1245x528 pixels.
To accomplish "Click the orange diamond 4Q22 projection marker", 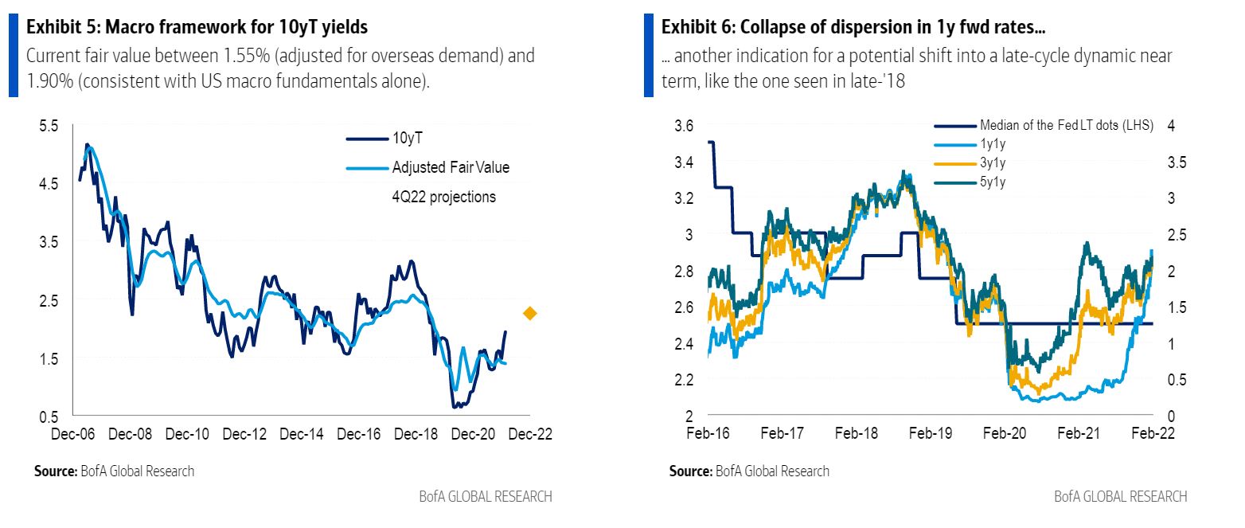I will click(x=530, y=314).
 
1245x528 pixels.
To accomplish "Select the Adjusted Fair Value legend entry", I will click(x=450, y=167).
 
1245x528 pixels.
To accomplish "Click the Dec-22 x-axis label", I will click(x=530, y=435).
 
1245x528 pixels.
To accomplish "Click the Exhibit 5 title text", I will click(x=197, y=27).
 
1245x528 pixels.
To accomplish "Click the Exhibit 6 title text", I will click(x=853, y=27).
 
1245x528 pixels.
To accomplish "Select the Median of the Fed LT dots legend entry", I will click(x=1066, y=125).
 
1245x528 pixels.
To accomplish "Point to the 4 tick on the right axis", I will click(x=1171, y=126).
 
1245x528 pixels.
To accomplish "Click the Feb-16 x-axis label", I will click(x=708, y=435).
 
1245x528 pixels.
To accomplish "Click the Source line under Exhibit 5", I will click(x=114, y=471).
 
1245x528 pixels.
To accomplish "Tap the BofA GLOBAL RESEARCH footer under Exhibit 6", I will click(x=1120, y=496).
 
